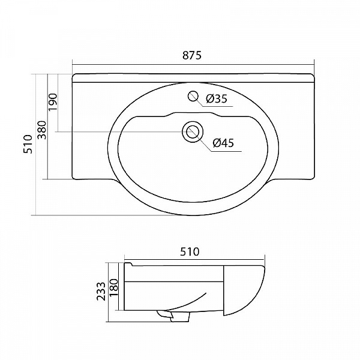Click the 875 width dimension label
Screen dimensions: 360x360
pos(192,55)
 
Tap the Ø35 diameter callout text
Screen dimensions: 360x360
pos(217,99)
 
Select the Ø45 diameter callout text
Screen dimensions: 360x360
pos(223,143)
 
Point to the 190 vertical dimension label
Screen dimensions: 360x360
pos(53,102)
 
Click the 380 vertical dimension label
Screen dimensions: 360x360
pos(42,130)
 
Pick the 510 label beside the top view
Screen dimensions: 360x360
pos(28,144)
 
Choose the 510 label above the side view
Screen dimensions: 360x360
pos(190,251)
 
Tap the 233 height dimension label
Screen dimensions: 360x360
pos(101,292)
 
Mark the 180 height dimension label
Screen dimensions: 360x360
pos(114,287)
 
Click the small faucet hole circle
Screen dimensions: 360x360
pos(193,96)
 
